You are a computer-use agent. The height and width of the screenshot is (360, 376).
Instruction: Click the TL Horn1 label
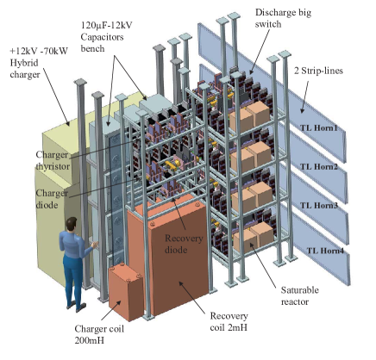[320, 128]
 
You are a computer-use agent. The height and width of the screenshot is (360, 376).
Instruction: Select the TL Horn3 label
[320, 206]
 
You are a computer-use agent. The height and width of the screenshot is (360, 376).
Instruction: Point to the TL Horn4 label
[326, 251]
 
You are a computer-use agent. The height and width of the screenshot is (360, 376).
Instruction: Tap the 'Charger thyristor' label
[52, 161]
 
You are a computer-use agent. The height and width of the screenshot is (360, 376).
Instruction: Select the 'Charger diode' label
[52, 199]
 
